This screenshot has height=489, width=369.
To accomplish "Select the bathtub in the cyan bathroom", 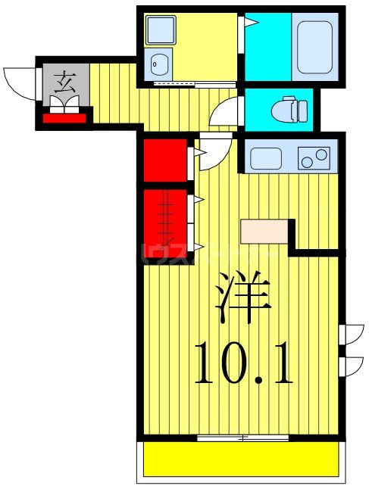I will (317, 47).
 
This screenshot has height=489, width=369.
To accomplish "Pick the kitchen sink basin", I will (267, 159).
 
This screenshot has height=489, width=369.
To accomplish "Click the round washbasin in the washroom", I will (159, 62).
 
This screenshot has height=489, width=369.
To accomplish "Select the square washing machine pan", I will (161, 31).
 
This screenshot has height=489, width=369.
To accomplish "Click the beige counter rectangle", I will (264, 232).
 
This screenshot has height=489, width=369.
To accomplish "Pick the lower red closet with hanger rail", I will (167, 220).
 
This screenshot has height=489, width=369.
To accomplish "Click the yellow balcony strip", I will (240, 459).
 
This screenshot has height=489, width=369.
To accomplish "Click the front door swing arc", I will (18, 79).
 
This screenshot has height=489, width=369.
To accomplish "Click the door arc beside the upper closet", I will (208, 151).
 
